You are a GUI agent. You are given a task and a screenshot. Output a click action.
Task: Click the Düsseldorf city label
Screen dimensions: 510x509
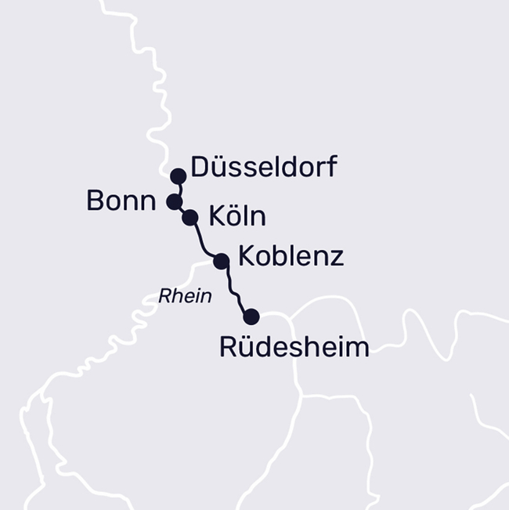point(264,167)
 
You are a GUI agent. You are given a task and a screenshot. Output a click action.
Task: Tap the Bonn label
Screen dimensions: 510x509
point(121,201)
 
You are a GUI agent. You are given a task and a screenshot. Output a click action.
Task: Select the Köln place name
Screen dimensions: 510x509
point(237,216)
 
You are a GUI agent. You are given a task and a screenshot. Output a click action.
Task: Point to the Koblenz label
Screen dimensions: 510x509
point(291,256)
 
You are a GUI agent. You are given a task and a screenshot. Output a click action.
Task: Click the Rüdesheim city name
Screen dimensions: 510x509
point(294,346)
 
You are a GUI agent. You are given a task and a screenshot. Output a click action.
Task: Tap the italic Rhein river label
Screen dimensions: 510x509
point(185,296)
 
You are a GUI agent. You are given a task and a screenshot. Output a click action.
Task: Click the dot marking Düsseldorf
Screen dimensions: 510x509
point(179,175)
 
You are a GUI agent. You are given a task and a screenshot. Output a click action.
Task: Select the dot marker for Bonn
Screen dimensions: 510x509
point(174,202)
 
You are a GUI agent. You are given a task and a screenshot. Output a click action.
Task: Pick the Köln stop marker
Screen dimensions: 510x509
point(190,217)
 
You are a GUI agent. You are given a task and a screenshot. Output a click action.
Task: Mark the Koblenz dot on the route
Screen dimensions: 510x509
point(221,261)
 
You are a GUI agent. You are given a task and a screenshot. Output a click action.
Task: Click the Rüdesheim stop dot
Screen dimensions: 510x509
point(251,316)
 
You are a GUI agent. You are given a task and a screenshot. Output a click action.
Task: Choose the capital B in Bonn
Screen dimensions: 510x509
point(95,201)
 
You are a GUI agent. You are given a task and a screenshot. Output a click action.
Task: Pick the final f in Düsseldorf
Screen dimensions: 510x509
point(331,167)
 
